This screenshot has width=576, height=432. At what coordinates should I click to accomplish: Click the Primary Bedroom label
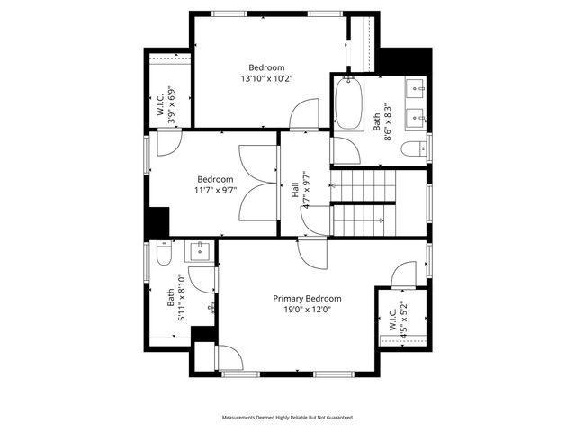pyautogui.click(x=307, y=298)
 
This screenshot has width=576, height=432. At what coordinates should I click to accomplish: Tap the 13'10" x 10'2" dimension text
pyautogui.click(x=266, y=78)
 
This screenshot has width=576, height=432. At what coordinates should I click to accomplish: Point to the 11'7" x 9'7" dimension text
pyautogui.click(x=216, y=190)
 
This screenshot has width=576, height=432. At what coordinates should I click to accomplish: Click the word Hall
pyautogui.click(x=294, y=190)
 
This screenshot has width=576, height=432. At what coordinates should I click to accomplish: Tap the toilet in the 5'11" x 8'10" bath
pyautogui.click(x=162, y=256)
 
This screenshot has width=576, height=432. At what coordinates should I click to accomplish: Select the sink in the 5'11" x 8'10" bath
pyautogui.click(x=199, y=249)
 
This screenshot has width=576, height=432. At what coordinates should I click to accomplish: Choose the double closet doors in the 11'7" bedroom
pyautogui.click(x=258, y=184)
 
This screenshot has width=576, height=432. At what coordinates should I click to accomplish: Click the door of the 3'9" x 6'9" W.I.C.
pyautogui.click(x=169, y=142)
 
